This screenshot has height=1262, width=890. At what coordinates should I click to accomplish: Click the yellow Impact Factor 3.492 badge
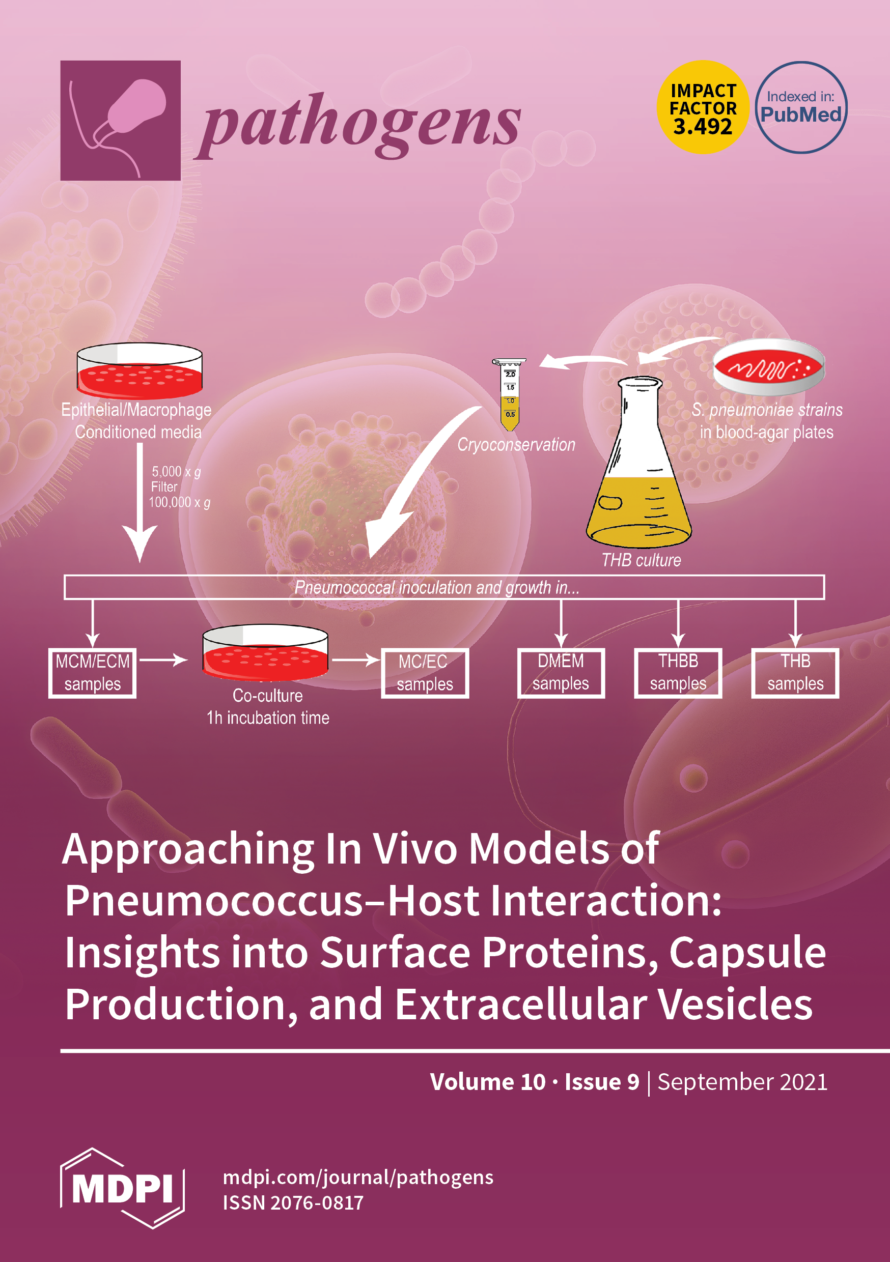click(703, 107)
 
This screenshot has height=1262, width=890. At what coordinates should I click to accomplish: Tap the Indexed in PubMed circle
click(800, 107)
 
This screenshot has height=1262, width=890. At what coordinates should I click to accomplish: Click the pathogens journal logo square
click(121, 121)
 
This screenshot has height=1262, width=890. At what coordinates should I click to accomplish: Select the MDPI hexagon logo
click(122, 1188)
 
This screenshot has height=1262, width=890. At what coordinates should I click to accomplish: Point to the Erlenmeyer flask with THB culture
click(639, 467)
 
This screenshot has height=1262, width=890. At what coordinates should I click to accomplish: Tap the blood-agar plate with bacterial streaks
click(768, 367)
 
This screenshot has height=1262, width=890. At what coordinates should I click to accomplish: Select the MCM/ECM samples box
click(92, 673)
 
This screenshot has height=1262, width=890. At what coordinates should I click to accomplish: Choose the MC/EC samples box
click(425, 673)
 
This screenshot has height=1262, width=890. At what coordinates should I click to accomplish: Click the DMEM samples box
click(561, 672)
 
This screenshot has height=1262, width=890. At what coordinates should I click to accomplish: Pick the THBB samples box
click(678, 672)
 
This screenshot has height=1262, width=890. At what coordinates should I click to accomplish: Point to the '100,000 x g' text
click(179, 502)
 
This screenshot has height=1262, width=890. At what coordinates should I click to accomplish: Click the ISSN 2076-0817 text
click(293, 1203)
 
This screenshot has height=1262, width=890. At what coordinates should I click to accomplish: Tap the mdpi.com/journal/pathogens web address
click(357, 1178)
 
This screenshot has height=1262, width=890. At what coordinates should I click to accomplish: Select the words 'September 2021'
click(742, 1082)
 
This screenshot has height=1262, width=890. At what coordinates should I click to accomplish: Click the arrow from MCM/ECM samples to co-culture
click(163, 659)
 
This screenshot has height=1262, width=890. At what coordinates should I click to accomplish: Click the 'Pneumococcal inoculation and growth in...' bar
click(444, 587)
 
